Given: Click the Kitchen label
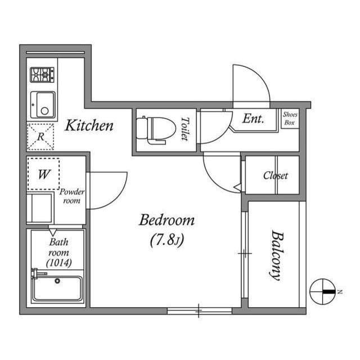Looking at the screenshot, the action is [x=89, y=125].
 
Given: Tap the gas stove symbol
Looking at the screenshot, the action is [x=42, y=75].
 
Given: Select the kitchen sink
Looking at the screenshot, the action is [x=43, y=105].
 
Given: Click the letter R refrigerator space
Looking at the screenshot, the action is [x=40, y=137].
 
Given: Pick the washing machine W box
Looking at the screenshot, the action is [x=44, y=174].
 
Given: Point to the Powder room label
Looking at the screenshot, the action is [x=72, y=196].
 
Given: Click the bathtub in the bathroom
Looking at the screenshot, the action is [x=57, y=289].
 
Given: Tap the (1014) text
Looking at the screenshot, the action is [x=59, y=263].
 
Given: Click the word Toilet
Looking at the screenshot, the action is [x=185, y=129].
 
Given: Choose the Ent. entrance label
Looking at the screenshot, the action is [x=253, y=119].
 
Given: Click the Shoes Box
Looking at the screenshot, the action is [x=290, y=119].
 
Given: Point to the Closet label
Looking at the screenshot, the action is [x=276, y=175].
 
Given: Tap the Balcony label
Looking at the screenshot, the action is [x=277, y=255].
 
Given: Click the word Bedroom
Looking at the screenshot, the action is [x=167, y=220].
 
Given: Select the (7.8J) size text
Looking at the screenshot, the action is [x=167, y=240].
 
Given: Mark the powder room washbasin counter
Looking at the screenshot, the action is [x=40, y=208].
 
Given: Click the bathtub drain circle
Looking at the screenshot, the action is [x=57, y=281].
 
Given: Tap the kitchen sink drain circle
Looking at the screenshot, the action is [x=45, y=111].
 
